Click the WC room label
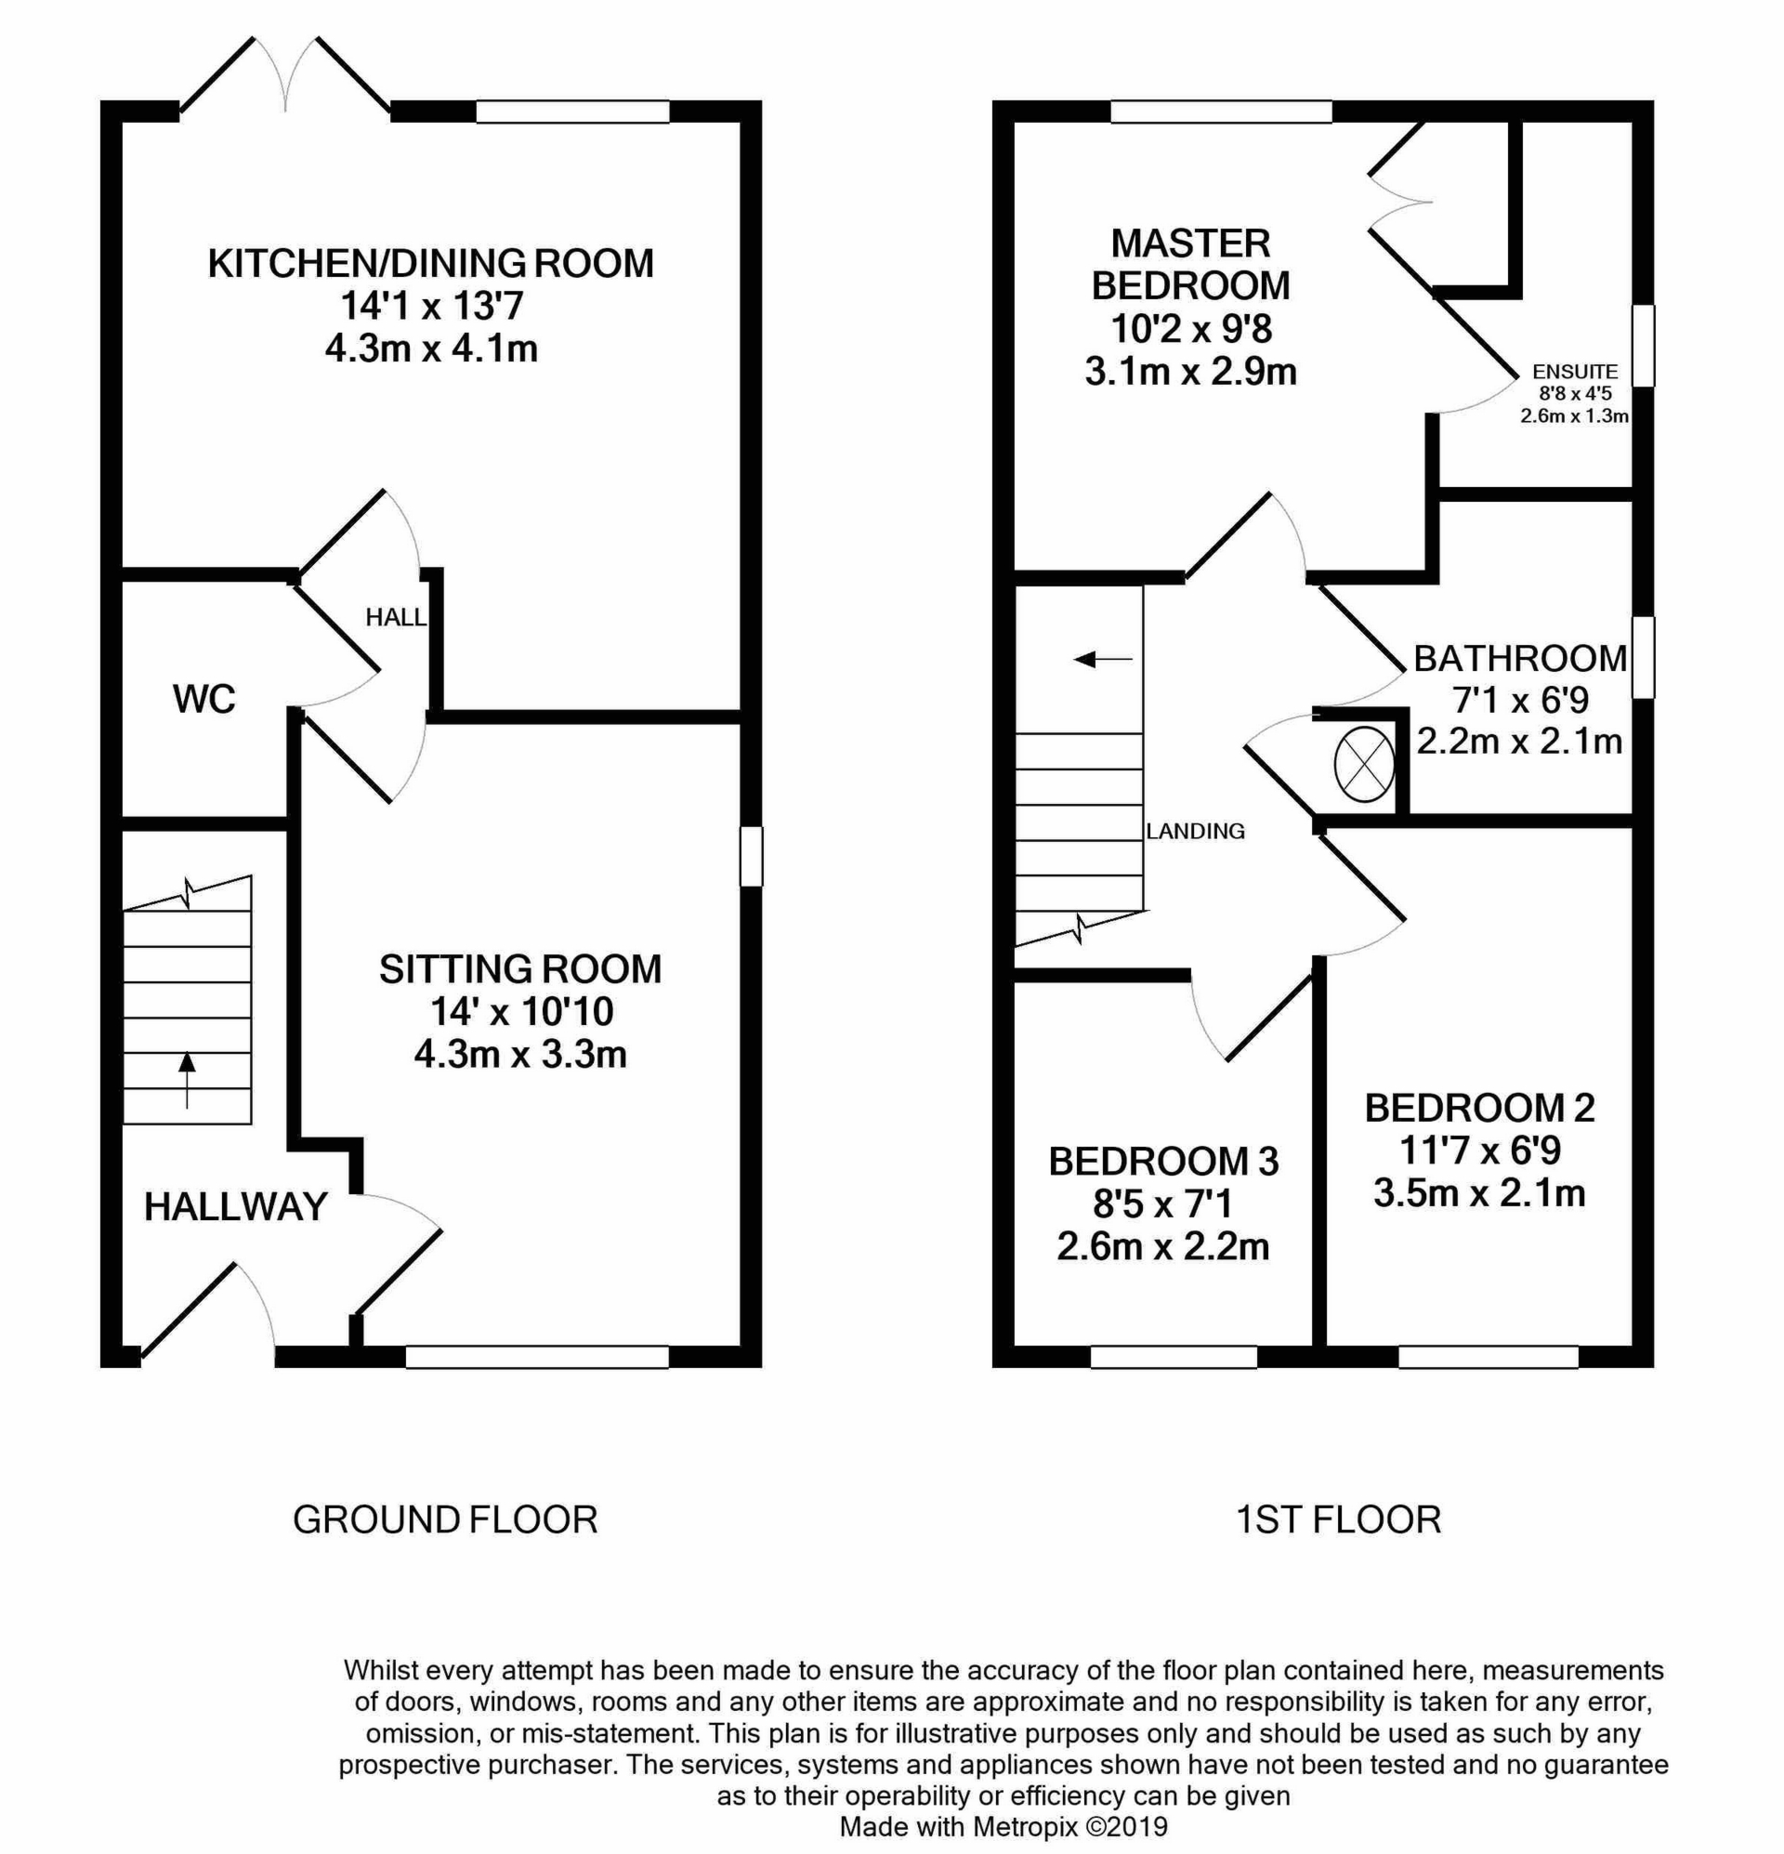point(203,699)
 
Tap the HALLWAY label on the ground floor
point(235,1206)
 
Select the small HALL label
point(396,618)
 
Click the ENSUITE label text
point(1575,373)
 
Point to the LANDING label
point(1195,831)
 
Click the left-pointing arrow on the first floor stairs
point(1102,658)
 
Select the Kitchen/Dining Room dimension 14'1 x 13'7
point(431,306)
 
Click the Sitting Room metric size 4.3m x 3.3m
point(520,1053)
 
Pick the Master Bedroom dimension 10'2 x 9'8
point(1191,328)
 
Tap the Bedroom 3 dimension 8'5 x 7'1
point(1162,1204)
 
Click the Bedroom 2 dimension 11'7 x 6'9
point(1479,1151)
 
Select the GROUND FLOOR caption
point(444,1519)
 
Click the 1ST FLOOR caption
point(1339,1519)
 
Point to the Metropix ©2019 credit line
point(1003,1825)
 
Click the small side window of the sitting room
point(751,856)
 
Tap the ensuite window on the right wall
point(1645,346)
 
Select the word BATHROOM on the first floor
point(1519,658)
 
